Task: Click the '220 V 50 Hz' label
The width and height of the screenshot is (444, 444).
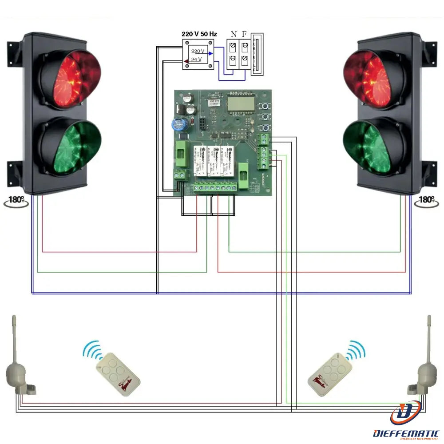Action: coord(199,34)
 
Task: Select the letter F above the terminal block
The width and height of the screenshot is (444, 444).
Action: coord(244,34)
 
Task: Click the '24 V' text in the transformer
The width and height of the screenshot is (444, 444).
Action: coord(196,59)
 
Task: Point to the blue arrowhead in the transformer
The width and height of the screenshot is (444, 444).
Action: coord(210,54)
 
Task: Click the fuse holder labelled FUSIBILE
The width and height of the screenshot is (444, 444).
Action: coord(256,55)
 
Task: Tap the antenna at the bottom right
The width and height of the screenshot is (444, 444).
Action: coord(425,364)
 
